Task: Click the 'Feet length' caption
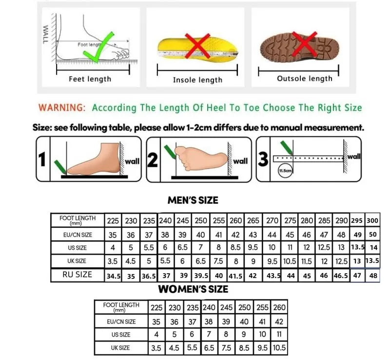[90, 79]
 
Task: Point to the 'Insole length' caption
[197, 80]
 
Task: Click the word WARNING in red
[62, 108]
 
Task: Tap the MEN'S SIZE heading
[193, 200]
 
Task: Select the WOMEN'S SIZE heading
[193, 289]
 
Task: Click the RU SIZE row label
[77, 275]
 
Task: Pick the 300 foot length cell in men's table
[372, 220]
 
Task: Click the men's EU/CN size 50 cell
[372, 235]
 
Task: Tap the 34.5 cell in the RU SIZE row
[113, 276]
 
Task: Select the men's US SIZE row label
[77, 248]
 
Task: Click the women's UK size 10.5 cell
[279, 348]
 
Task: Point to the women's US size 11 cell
[279, 335]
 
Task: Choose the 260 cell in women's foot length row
[279, 308]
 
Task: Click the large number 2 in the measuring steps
[153, 160]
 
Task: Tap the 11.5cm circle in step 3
[285, 171]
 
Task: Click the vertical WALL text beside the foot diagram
[46, 35]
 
